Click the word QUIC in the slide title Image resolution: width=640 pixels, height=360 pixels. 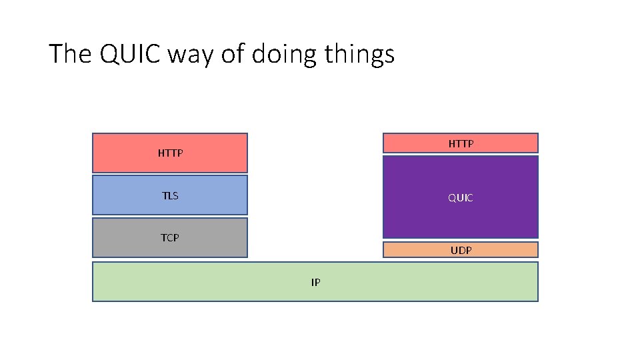pos(131,54)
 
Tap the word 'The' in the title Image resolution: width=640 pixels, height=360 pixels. pos(71,54)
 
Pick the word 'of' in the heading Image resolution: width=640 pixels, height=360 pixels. pos(233,54)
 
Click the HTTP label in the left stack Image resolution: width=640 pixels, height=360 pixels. pos(170,153)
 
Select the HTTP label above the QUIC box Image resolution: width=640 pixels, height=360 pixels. pos(461,143)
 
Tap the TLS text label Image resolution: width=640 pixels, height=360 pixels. pos(170,196)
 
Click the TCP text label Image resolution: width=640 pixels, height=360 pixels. pos(170,237)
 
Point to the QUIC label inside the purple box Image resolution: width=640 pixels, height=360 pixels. pos(461,198)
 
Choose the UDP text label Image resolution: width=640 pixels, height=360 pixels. pos(461,251)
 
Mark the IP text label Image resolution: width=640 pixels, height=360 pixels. pos(315,283)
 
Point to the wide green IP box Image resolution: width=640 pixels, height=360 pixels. pos(200,281)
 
